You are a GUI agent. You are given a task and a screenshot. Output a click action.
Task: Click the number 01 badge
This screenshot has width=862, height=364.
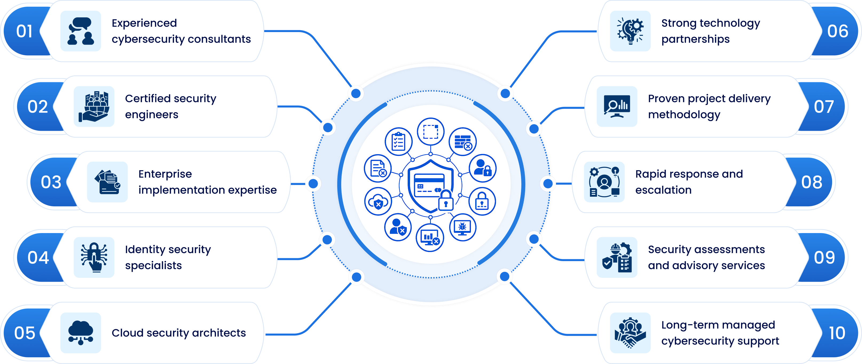tap(25, 31)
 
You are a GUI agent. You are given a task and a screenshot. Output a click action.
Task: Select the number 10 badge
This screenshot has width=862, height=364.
tap(837, 333)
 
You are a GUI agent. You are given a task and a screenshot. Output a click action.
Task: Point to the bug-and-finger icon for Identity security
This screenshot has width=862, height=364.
tap(94, 257)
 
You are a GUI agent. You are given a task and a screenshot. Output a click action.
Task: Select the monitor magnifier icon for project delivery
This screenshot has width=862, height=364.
tap(617, 106)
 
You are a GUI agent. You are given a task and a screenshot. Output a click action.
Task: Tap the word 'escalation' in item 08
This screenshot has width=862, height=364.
tap(663, 190)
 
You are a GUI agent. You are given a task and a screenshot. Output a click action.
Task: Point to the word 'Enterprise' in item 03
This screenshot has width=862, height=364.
tap(165, 174)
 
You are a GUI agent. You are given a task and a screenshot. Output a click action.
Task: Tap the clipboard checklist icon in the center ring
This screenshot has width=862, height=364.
tap(398, 142)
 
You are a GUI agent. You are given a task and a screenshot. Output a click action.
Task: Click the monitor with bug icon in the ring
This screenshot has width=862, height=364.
tap(462, 227)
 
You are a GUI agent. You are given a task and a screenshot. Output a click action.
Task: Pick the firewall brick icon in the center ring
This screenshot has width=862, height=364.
tap(463, 142)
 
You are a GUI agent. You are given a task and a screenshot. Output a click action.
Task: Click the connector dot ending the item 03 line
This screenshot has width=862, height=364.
tap(313, 184)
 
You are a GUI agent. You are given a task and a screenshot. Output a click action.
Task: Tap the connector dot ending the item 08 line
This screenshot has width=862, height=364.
tap(548, 184)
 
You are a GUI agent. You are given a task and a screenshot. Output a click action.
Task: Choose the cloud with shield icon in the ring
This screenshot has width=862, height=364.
tap(378, 202)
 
